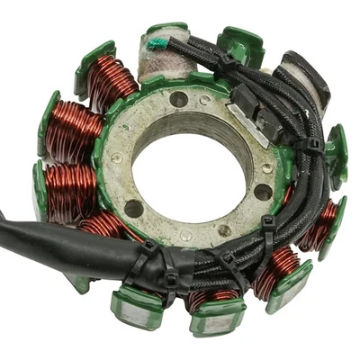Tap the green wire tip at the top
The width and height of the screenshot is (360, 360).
point(157,43)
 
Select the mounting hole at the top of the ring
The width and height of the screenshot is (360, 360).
point(179,99)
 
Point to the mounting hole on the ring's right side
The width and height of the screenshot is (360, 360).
point(262,191)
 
